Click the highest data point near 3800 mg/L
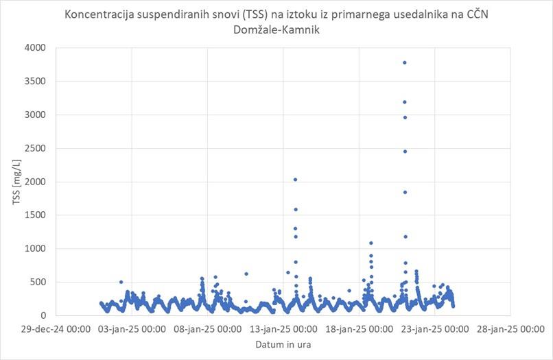pos(405,62)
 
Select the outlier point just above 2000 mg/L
pos(295,180)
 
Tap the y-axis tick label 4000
pos(33,47)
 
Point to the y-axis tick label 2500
pos(33,148)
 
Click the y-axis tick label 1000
pos(33,248)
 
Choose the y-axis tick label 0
pos(42,315)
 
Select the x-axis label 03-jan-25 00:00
pos(131,328)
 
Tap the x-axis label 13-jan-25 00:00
pos(283,328)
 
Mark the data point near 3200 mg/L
pos(405,102)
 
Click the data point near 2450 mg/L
pos(405,151)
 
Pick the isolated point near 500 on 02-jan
pos(121,282)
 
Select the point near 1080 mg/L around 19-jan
pos(371,243)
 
